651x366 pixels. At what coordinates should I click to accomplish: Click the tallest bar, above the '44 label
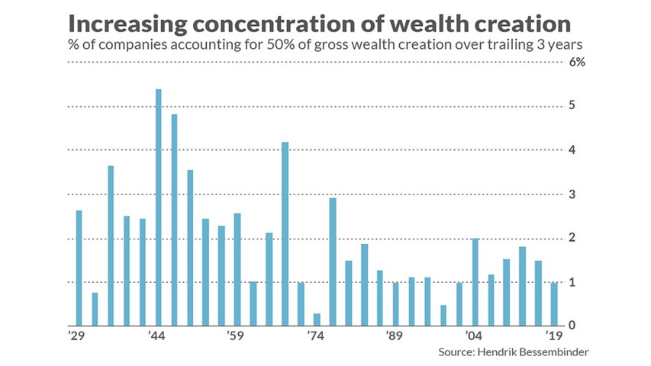pos(158,207)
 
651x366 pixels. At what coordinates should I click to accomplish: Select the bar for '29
pos(79,268)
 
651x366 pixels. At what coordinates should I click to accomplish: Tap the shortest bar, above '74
pos(317,319)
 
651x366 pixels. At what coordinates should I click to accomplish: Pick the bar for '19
pos(554,304)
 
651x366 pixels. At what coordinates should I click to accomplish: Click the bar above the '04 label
pos(475,282)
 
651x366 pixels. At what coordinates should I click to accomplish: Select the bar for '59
pos(237,270)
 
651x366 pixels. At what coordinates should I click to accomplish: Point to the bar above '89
pos(396,304)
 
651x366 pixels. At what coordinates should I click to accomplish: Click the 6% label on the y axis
pos(577,63)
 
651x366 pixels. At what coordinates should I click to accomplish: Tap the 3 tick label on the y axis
pos(572,194)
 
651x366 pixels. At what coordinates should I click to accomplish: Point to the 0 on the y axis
pos(572,325)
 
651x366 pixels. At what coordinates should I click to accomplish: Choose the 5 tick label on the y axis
pos(572,105)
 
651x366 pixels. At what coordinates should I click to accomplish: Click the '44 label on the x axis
pos(156,335)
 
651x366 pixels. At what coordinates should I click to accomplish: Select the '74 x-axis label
pos(315,335)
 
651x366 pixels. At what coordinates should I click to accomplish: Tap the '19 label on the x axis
pos(554,335)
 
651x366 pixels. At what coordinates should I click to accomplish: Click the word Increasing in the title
pos(128,24)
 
